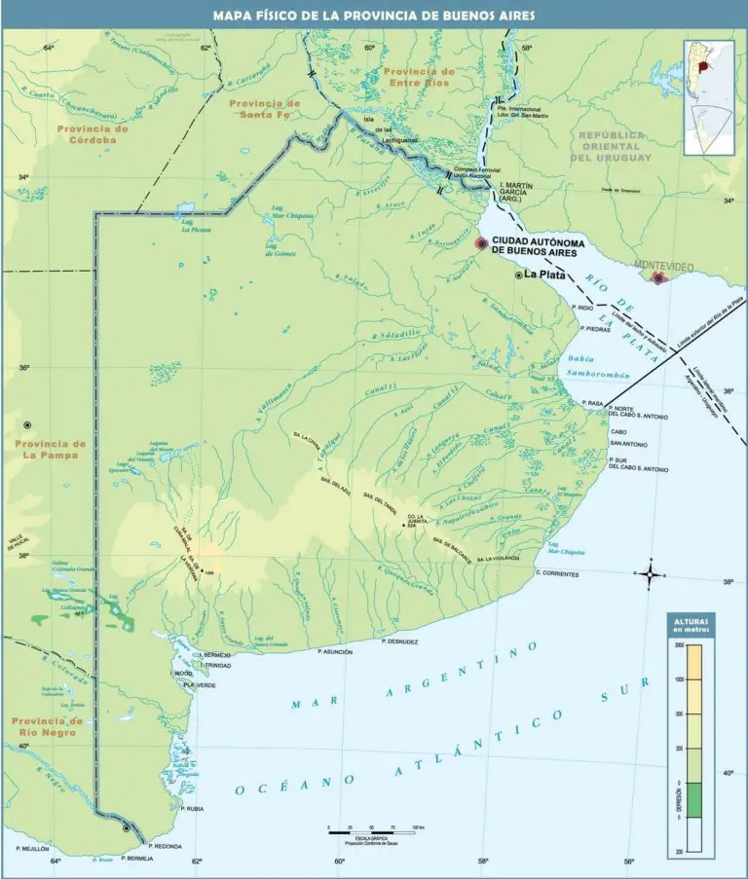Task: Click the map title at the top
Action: (x=374, y=15)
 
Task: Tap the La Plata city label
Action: (x=544, y=275)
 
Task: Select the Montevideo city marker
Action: (x=658, y=278)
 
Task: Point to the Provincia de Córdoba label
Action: (x=93, y=134)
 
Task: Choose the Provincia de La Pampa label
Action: (x=51, y=450)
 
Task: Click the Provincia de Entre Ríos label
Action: (x=419, y=78)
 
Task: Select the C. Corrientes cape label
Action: (x=557, y=574)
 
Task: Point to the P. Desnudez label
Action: (x=400, y=642)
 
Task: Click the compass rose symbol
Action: (x=650, y=573)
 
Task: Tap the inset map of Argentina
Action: (x=708, y=96)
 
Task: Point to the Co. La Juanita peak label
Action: (x=418, y=520)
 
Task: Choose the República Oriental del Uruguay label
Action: (x=611, y=146)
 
